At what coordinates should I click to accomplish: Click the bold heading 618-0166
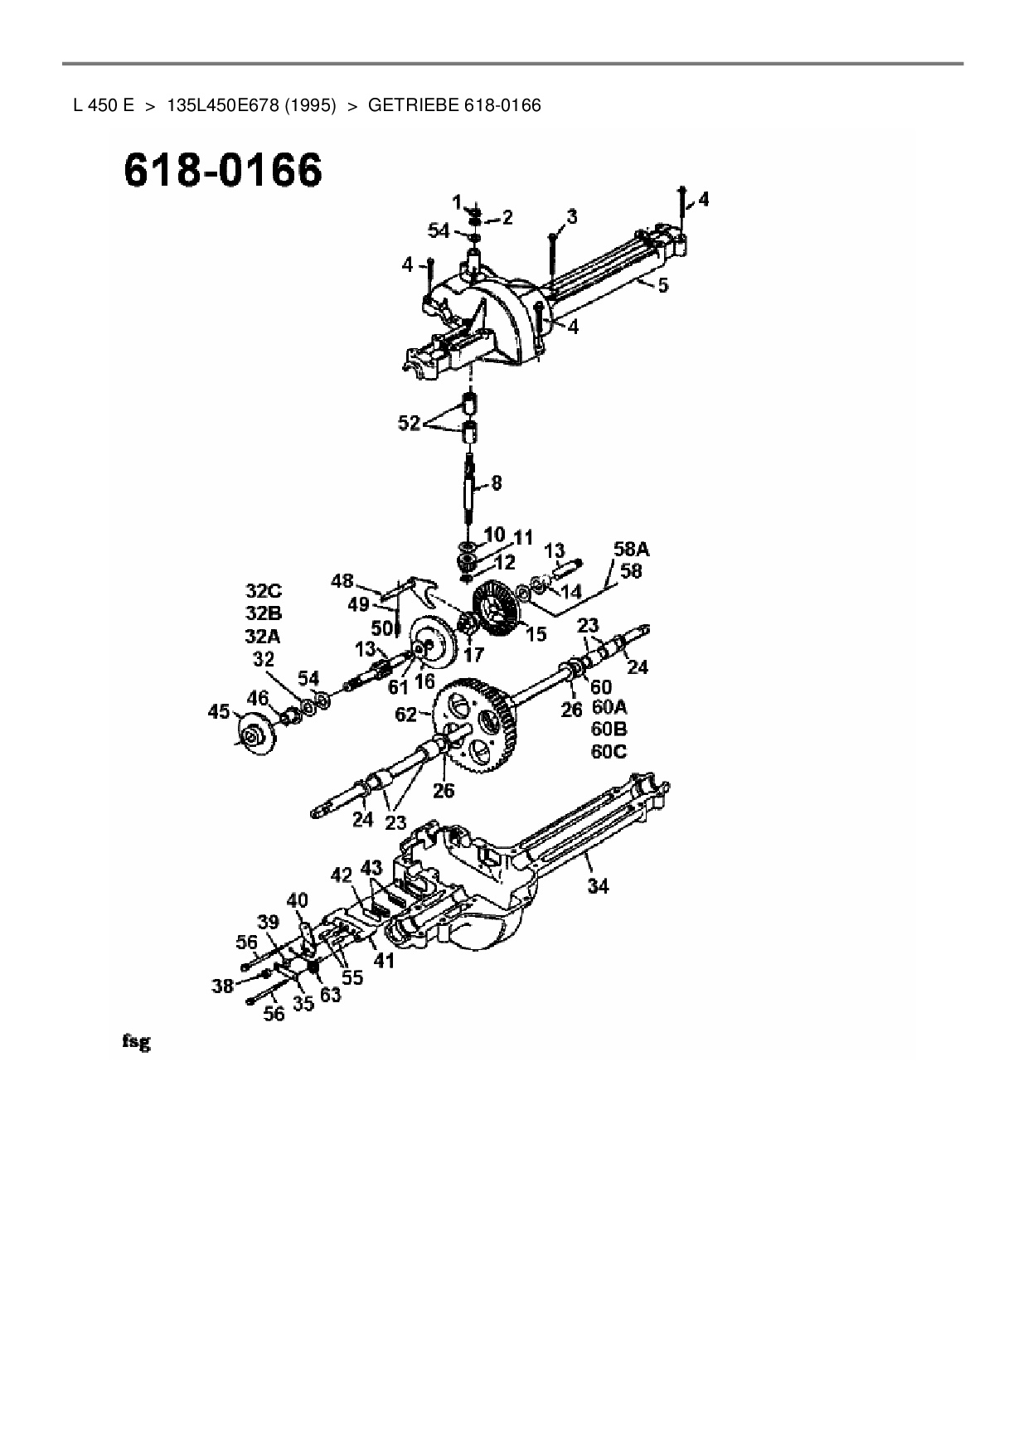pos(222,172)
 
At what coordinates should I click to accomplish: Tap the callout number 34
pos(598,886)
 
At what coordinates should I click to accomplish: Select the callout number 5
pos(662,285)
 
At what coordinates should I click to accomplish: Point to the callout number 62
pos(405,714)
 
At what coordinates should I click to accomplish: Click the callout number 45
pos(219,711)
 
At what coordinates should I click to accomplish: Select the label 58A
pos(631,549)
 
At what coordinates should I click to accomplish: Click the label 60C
pos(609,752)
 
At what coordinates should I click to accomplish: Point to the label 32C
pos(264,591)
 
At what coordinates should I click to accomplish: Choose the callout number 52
pos(409,423)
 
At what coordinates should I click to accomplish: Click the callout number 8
pos(496,482)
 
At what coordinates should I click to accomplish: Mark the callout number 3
pos(571,217)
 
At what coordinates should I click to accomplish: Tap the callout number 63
pos(330,995)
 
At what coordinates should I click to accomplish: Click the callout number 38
pos(222,986)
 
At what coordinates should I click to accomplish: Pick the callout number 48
pos(342,580)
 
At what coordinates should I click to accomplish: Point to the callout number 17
pos(473,654)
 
